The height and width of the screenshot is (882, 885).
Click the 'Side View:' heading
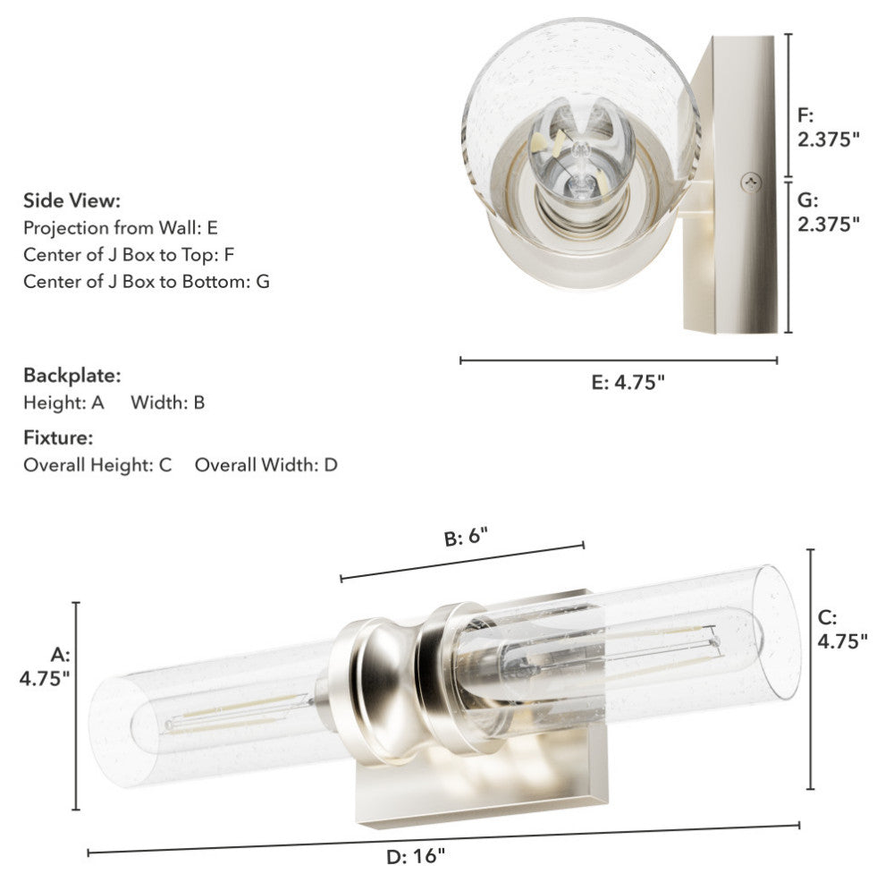(x=72, y=199)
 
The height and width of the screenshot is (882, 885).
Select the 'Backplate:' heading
(x=72, y=374)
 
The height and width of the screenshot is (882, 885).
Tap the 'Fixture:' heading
(x=58, y=438)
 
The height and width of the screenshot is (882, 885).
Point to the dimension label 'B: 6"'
(x=467, y=538)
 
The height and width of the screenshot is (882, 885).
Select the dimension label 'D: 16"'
(x=416, y=856)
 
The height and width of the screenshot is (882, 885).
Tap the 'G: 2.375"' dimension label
(x=828, y=211)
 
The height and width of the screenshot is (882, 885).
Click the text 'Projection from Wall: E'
(x=121, y=227)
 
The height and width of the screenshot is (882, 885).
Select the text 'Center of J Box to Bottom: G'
(x=147, y=281)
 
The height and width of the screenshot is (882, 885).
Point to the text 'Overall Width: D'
(x=265, y=465)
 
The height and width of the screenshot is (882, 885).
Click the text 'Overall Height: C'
(x=97, y=465)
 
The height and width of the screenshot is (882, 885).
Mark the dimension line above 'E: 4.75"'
(x=618, y=360)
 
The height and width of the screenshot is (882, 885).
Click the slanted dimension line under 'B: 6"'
(x=461, y=561)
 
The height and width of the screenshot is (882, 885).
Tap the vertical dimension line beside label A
(x=76, y=706)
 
